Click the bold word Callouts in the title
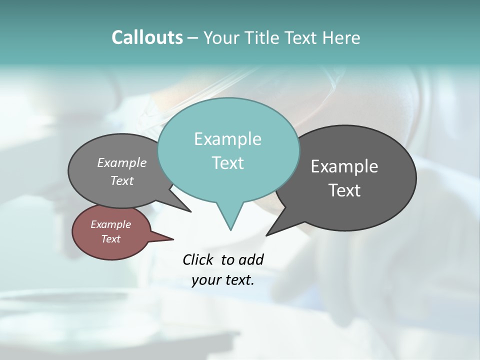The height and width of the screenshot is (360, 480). [147, 37]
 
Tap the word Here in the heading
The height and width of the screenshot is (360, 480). [341, 37]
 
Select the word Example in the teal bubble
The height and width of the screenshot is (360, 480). [227, 139]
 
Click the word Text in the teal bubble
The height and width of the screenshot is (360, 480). [227, 163]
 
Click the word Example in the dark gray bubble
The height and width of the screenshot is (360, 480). [344, 166]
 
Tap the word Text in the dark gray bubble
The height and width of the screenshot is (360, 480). [344, 190]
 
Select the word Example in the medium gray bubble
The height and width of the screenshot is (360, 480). [122, 162]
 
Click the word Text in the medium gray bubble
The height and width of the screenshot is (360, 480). [122, 180]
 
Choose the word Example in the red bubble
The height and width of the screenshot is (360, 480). [111, 224]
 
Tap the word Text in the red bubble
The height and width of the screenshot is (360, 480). [111, 239]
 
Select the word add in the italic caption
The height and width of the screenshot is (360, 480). [251, 259]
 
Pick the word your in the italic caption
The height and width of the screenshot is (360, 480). [206, 280]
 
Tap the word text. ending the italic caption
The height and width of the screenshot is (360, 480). [239, 280]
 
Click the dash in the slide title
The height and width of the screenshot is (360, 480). [193, 38]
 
